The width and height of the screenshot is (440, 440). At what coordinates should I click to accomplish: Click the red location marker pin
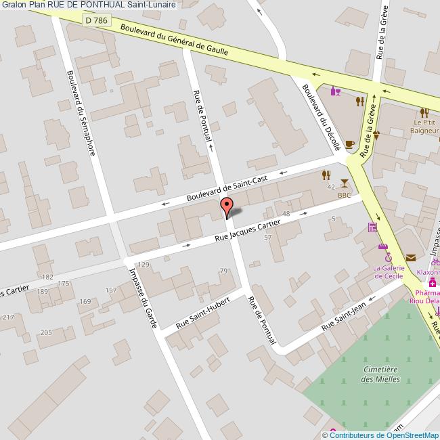pyautogui.click(x=227, y=206)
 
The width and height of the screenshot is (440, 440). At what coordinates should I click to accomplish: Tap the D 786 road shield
pyautogui.click(x=97, y=21)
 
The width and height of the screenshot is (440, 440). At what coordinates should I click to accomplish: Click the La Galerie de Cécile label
pyautogui.click(x=389, y=271)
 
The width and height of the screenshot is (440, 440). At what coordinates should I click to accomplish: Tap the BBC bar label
pyautogui.click(x=345, y=196)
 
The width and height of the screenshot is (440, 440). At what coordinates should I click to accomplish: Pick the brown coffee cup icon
pyautogui.click(x=349, y=144)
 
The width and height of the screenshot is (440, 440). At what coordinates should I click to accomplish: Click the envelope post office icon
pyautogui.click(x=411, y=257)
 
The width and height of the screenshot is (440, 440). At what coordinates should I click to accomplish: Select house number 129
pyautogui.click(x=143, y=264)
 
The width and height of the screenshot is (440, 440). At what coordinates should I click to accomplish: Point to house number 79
pyautogui.click(x=224, y=271)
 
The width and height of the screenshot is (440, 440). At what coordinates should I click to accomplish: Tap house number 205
pyautogui.click(x=46, y=332)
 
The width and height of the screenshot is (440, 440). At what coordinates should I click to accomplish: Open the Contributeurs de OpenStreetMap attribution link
pyautogui.click(x=384, y=435)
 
